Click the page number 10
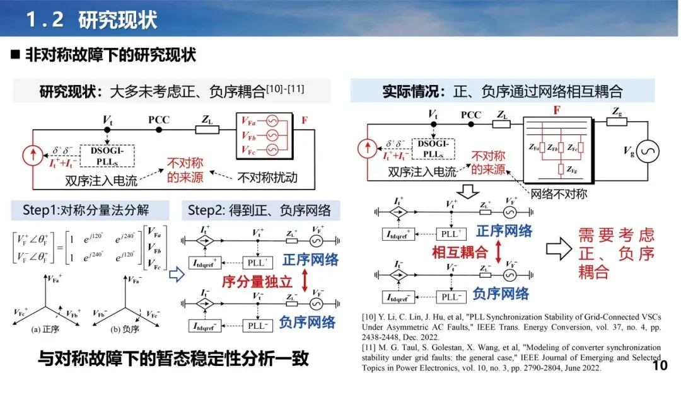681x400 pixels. (659, 366)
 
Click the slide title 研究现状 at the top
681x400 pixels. (117, 20)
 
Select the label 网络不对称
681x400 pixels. (559, 194)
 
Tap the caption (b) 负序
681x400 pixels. (126, 329)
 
